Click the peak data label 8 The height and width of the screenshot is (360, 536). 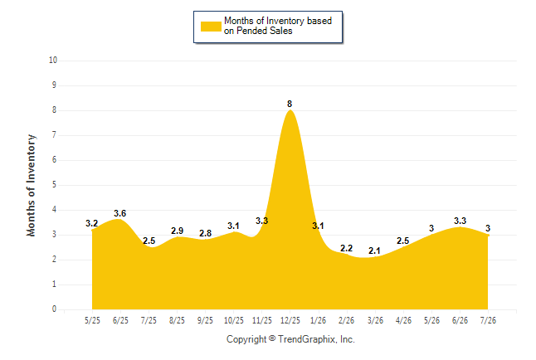point(290,104)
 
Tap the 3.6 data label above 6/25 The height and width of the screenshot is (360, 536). point(120,213)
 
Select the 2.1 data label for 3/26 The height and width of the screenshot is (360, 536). point(374,251)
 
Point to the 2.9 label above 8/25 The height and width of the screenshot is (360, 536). point(177,231)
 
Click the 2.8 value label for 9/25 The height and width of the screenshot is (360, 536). point(206,233)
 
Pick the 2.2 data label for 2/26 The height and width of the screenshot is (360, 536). point(346,248)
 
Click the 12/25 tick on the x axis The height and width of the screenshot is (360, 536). point(290,320)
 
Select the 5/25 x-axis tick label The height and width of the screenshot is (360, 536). point(92,320)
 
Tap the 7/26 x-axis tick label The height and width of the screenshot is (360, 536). point(488,320)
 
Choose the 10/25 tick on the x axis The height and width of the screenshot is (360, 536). point(234,320)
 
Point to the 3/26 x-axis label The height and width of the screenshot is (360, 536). point(375,320)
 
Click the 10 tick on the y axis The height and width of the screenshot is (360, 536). point(53,61)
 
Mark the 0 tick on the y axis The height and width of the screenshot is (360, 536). point(55,309)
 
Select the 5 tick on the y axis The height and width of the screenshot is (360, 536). point(55,185)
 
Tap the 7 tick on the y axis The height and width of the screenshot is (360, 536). point(55,135)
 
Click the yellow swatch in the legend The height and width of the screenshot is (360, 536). point(211,27)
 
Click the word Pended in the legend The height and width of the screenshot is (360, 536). point(251,31)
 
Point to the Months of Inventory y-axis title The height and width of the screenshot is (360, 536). point(31,185)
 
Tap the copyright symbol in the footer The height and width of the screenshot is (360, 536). point(272,338)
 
